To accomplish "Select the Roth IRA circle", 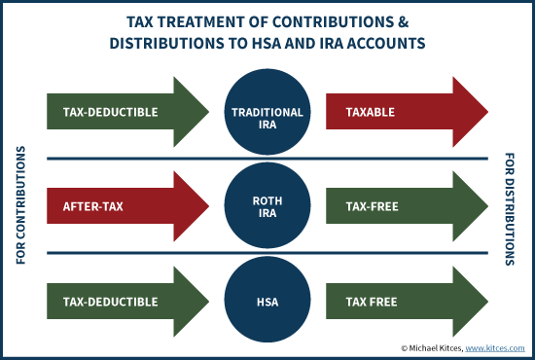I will coord(267,206).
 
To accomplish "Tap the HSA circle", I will coord(267,302).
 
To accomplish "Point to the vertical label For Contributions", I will coord(21,207).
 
